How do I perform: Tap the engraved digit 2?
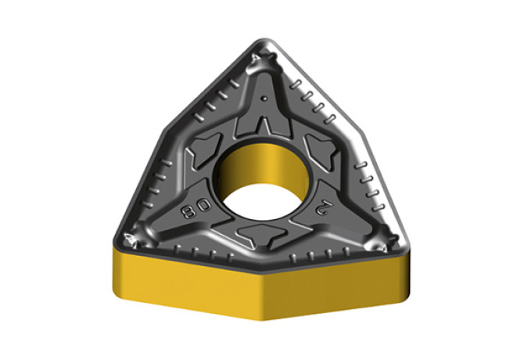click(x=323, y=209)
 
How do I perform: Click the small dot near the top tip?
click(x=264, y=99)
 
